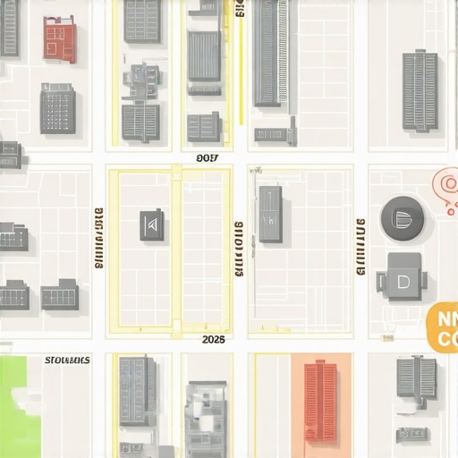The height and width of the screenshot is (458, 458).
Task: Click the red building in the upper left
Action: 59,39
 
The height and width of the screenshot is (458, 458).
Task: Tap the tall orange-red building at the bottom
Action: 319,402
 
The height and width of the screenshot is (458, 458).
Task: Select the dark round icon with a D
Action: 403,217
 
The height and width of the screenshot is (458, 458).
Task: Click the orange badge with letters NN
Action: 442,327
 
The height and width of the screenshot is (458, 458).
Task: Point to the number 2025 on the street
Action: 214,340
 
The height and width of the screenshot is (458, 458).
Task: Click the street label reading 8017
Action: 207,158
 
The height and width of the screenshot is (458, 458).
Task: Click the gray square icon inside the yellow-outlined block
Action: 151,225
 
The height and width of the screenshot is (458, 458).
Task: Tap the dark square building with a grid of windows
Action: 57,109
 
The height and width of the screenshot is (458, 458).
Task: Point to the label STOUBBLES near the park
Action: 67,360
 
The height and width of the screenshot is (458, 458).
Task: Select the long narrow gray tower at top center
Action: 267,54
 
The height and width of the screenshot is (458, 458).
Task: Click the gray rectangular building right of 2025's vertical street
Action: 270,214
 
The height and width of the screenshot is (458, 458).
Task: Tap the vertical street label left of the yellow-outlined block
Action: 98,240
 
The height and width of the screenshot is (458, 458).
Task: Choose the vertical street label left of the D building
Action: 360,247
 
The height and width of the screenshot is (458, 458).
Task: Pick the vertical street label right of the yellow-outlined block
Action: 239,249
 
